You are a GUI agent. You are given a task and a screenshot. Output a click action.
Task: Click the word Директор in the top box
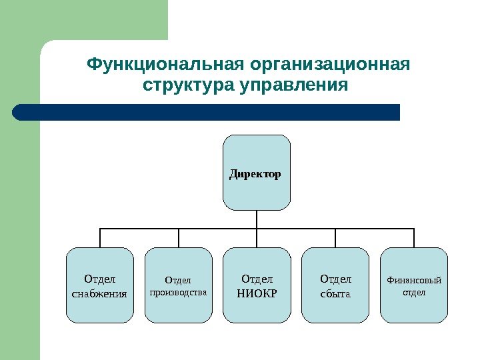(x=256, y=175)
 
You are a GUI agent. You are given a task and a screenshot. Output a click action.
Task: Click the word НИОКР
(x=257, y=292)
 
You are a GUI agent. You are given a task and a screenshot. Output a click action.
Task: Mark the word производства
(x=179, y=292)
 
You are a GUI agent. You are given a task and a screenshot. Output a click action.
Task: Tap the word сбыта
(x=335, y=293)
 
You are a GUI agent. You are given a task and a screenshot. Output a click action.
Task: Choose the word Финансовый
(x=414, y=280)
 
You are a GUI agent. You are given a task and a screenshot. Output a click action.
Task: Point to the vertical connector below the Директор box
(x=257, y=219)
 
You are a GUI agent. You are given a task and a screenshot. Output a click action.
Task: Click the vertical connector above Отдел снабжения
(x=100, y=237)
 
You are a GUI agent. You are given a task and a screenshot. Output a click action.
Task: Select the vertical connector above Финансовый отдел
(x=414, y=237)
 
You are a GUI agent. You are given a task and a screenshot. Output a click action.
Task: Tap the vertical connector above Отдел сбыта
(x=335, y=237)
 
